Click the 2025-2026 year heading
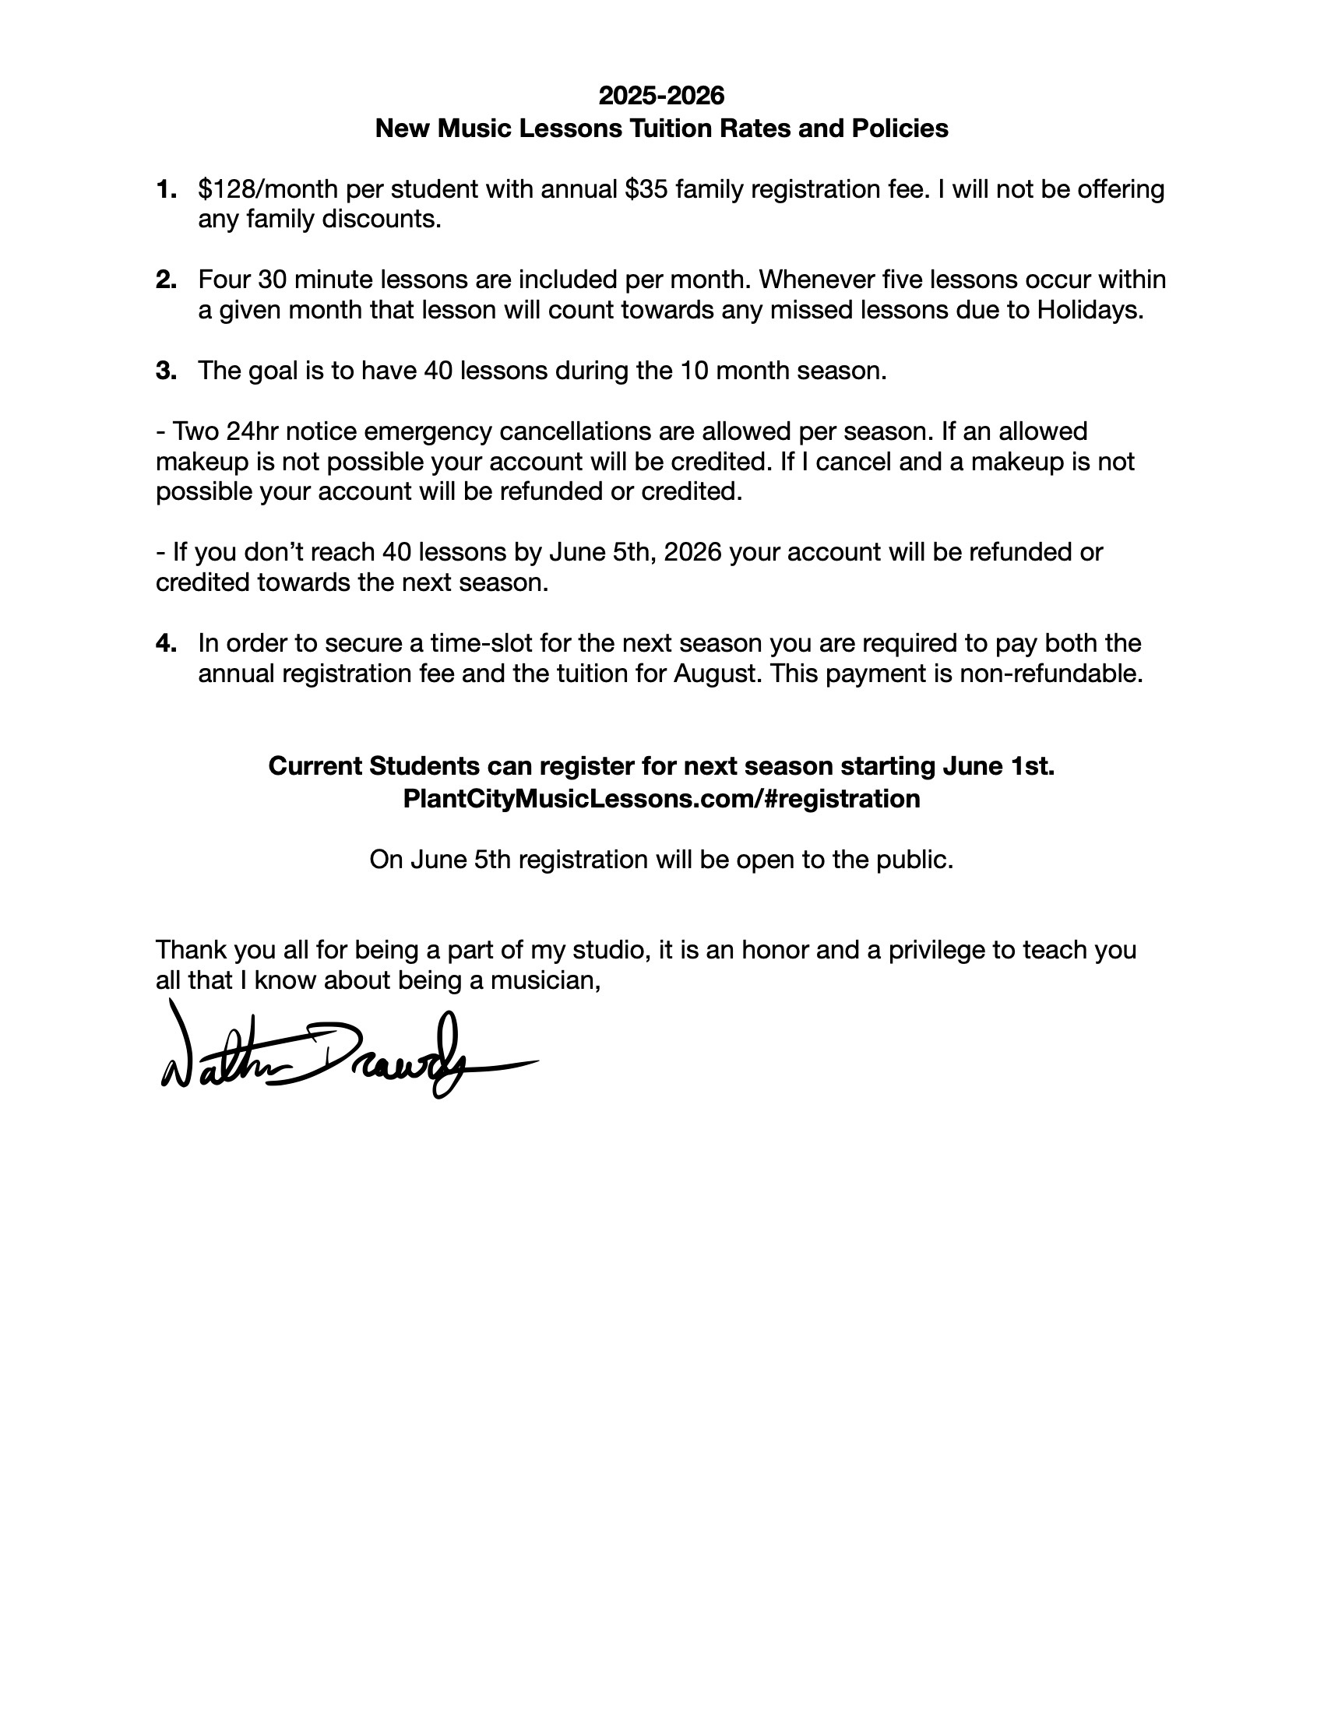pyautogui.click(x=661, y=96)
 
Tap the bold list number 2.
pyautogui.click(x=165, y=280)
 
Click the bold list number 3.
pyautogui.click(x=165, y=371)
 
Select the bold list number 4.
pyautogui.click(x=165, y=644)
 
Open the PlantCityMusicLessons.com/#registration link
pyautogui.click(x=661, y=799)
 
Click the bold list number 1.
pyautogui.click(x=165, y=190)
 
